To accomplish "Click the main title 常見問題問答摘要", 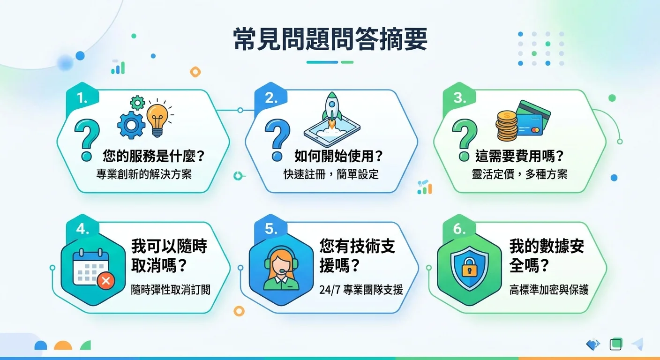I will (x=330, y=40).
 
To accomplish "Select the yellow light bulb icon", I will (x=157, y=118).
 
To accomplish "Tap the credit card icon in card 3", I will (x=533, y=117).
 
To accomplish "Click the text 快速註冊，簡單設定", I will (x=331, y=174).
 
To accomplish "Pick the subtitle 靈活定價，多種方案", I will (x=519, y=174).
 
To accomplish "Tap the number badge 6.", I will (x=459, y=229).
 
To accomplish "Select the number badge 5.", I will (x=271, y=229).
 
